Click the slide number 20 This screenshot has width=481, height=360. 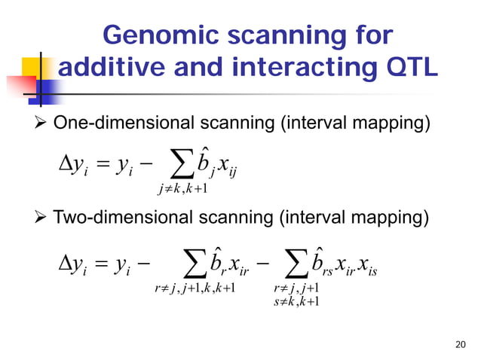click(461, 345)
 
